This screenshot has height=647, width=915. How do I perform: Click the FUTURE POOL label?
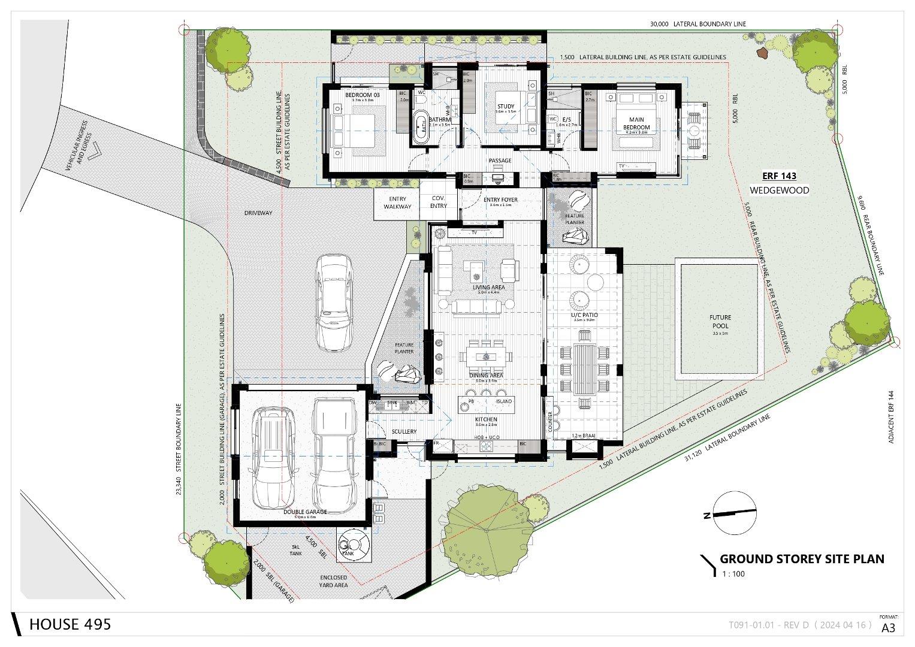pos(721,322)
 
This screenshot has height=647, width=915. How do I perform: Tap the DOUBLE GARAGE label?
pos(306,512)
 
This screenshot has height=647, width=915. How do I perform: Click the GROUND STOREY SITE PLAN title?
pos(801,559)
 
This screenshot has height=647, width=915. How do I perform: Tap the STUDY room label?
pos(506,107)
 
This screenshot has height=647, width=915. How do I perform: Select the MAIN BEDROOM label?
pos(636,123)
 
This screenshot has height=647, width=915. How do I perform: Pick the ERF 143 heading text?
pos(779,176)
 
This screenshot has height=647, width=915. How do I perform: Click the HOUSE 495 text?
pos(70,624)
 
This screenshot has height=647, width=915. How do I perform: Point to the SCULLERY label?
pos(404,431)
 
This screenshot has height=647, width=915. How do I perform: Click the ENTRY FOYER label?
pos(500,200)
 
